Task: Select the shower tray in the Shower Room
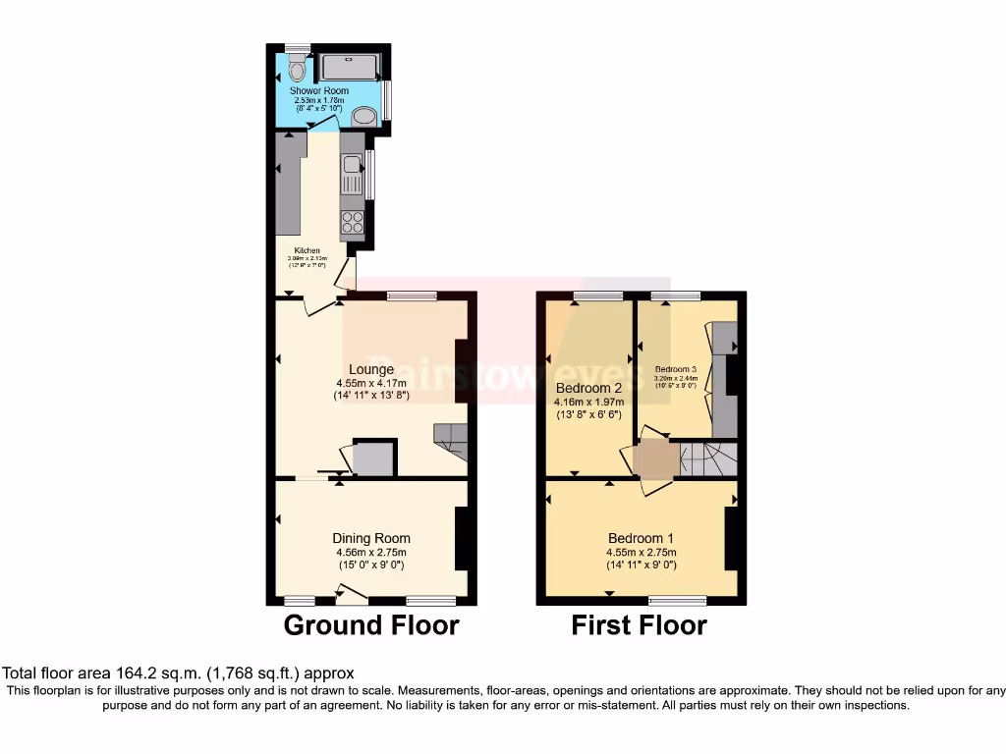[x=349, y=67]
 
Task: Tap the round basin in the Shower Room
[x=364, y=117]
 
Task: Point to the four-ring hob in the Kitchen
[x=353, y=222]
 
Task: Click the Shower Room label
[x=318, y=91]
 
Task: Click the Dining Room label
[x=370, y=538]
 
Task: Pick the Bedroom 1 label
[x=641, y=538]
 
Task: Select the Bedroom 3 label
[x=676, y=370]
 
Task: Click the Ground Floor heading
[x=371, y=625]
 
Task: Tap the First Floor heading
[x=639, y=625]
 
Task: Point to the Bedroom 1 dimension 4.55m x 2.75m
[x=641, y=552]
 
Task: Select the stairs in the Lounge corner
[x=450, y=441]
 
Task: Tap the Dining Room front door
[x=351, y=592]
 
